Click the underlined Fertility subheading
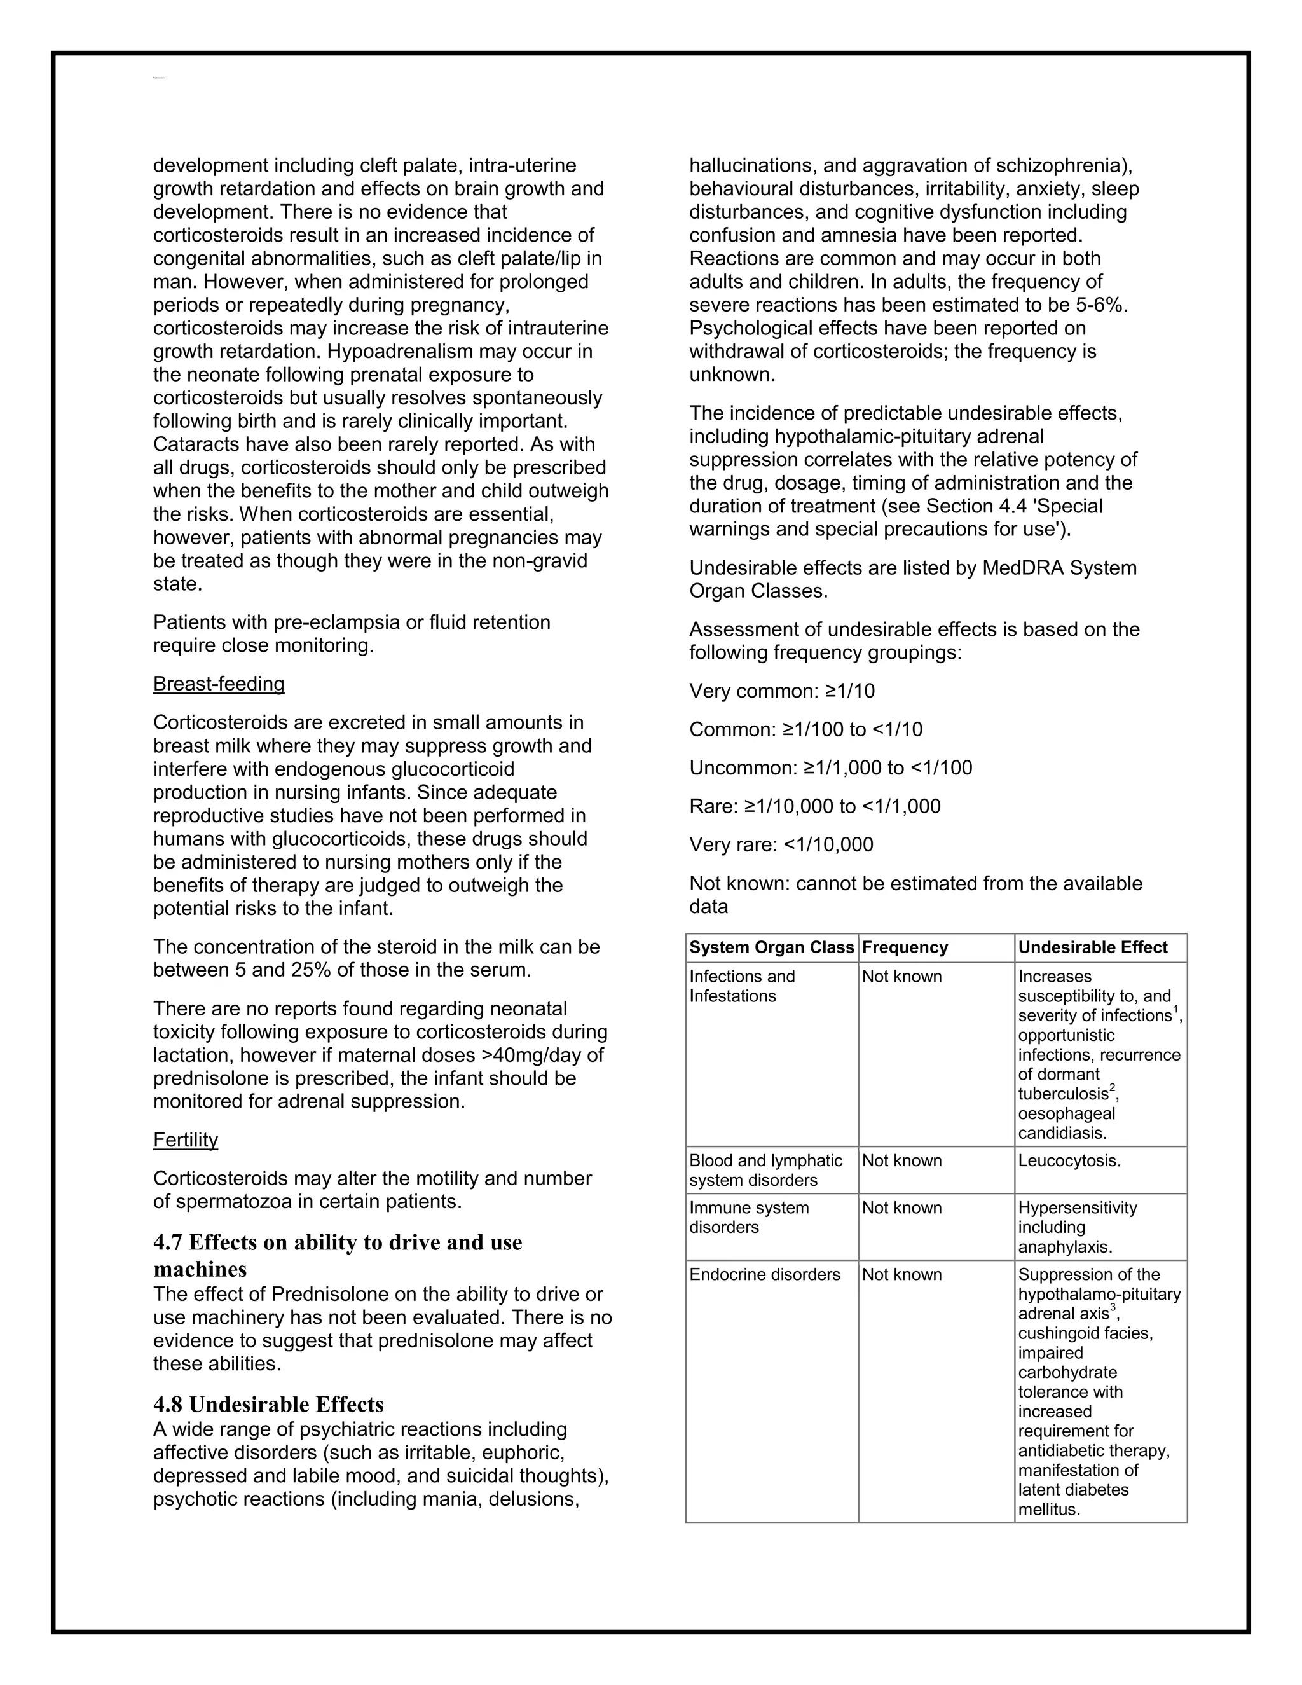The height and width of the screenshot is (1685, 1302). click(185, 1140)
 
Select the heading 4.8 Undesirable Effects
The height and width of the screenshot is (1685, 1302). click(268, 1404)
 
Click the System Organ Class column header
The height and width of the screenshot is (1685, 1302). click(771, 947)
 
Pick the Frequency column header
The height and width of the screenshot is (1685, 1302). click(905, 947)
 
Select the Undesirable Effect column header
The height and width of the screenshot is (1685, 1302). click(1092, 947)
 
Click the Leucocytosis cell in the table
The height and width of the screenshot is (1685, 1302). click(1069, 1161)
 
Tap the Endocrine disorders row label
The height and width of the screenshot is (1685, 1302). click(764, 1274)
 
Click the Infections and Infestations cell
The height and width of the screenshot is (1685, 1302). click(742, 986)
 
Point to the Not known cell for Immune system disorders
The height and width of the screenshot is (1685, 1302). click(901, 1208)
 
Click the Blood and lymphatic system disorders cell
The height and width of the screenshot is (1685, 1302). click(765, 1171)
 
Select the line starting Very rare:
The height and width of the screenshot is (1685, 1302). click(781, 845)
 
